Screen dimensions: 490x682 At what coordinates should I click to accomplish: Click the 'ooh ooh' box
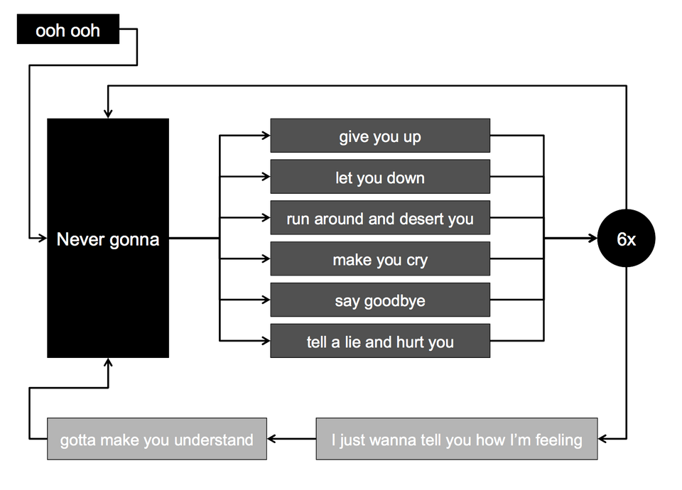click(x=68, y=32)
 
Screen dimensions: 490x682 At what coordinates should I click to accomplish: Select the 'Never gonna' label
click(x=108, y=240)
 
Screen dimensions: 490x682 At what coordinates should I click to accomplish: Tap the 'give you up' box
click(x=380, y=136)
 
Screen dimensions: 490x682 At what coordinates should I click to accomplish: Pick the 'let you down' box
click(x=380, y=178)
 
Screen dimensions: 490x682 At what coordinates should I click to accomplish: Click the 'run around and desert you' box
click(x=380, y=219)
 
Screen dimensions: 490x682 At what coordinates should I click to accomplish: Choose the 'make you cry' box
click(x=380, y=260)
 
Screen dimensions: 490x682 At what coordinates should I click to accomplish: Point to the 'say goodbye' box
click(x=380, y=301)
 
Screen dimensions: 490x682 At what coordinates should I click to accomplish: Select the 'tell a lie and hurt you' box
click(x=380, y=342)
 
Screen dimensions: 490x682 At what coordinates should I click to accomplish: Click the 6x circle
click(x=626, y=240)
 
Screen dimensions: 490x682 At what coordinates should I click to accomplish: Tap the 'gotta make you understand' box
click(x=156, y=440)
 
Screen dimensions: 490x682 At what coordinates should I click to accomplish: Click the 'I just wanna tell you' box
click(x=457, y=440)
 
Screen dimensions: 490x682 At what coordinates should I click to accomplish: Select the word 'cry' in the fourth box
click(x=416, y=261)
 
